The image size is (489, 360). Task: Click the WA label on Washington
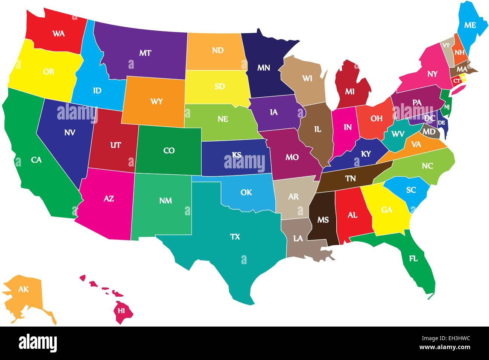pyautogui.click(x=58, y=34)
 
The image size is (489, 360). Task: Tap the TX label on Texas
pyautogui.click(x=235, y=237)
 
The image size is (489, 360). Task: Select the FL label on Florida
pyautogui.click(x=413, y=259)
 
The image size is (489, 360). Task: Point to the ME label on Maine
pyautogui.click(x=470, y=25)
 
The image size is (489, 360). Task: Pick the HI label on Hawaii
pyautogui.click(x=121, y=311)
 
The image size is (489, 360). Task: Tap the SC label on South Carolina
pyautogui.click(x=411, y=190)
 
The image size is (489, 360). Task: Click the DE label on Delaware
pyautogui.click(x=442, y=123)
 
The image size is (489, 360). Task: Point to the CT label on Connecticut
pyautogui.click(x=456, y=80)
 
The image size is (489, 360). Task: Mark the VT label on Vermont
pyautogui.click(x=446, y=45)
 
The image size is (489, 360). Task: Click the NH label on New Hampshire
pyautogui.click(x=459, y=53)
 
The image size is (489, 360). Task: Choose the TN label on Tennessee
pyautogui.click(x=350, y=179)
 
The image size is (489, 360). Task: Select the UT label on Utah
pyautogui.click(x=115, y=145)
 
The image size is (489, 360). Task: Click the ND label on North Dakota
pyautogui.click(x=217, y=50)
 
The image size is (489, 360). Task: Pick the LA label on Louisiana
pyautogui.click(x=298, y=239)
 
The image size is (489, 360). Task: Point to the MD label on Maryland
pyautogui.click(x=429, y=132)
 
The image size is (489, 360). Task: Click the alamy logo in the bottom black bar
pyautogui.click(x=38, y=343)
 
